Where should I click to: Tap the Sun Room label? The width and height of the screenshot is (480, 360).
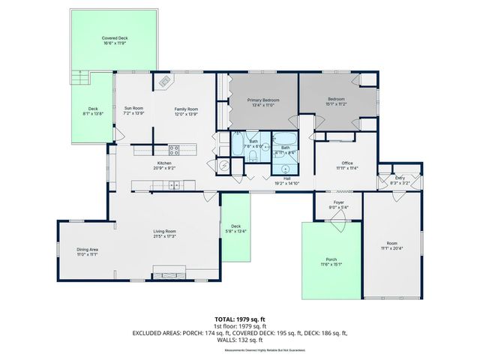133,109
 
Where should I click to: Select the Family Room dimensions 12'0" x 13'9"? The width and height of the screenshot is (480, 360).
185,114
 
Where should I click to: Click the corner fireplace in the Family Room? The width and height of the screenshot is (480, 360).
163,79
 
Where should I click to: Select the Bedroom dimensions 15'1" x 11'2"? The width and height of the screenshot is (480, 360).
335,104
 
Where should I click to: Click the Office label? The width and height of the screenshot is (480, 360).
346,163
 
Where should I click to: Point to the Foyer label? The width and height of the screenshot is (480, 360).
339,202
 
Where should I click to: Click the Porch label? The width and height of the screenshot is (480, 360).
331,259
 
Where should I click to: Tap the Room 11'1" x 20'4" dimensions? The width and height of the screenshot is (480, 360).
389,248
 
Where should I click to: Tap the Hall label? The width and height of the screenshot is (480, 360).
287,178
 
